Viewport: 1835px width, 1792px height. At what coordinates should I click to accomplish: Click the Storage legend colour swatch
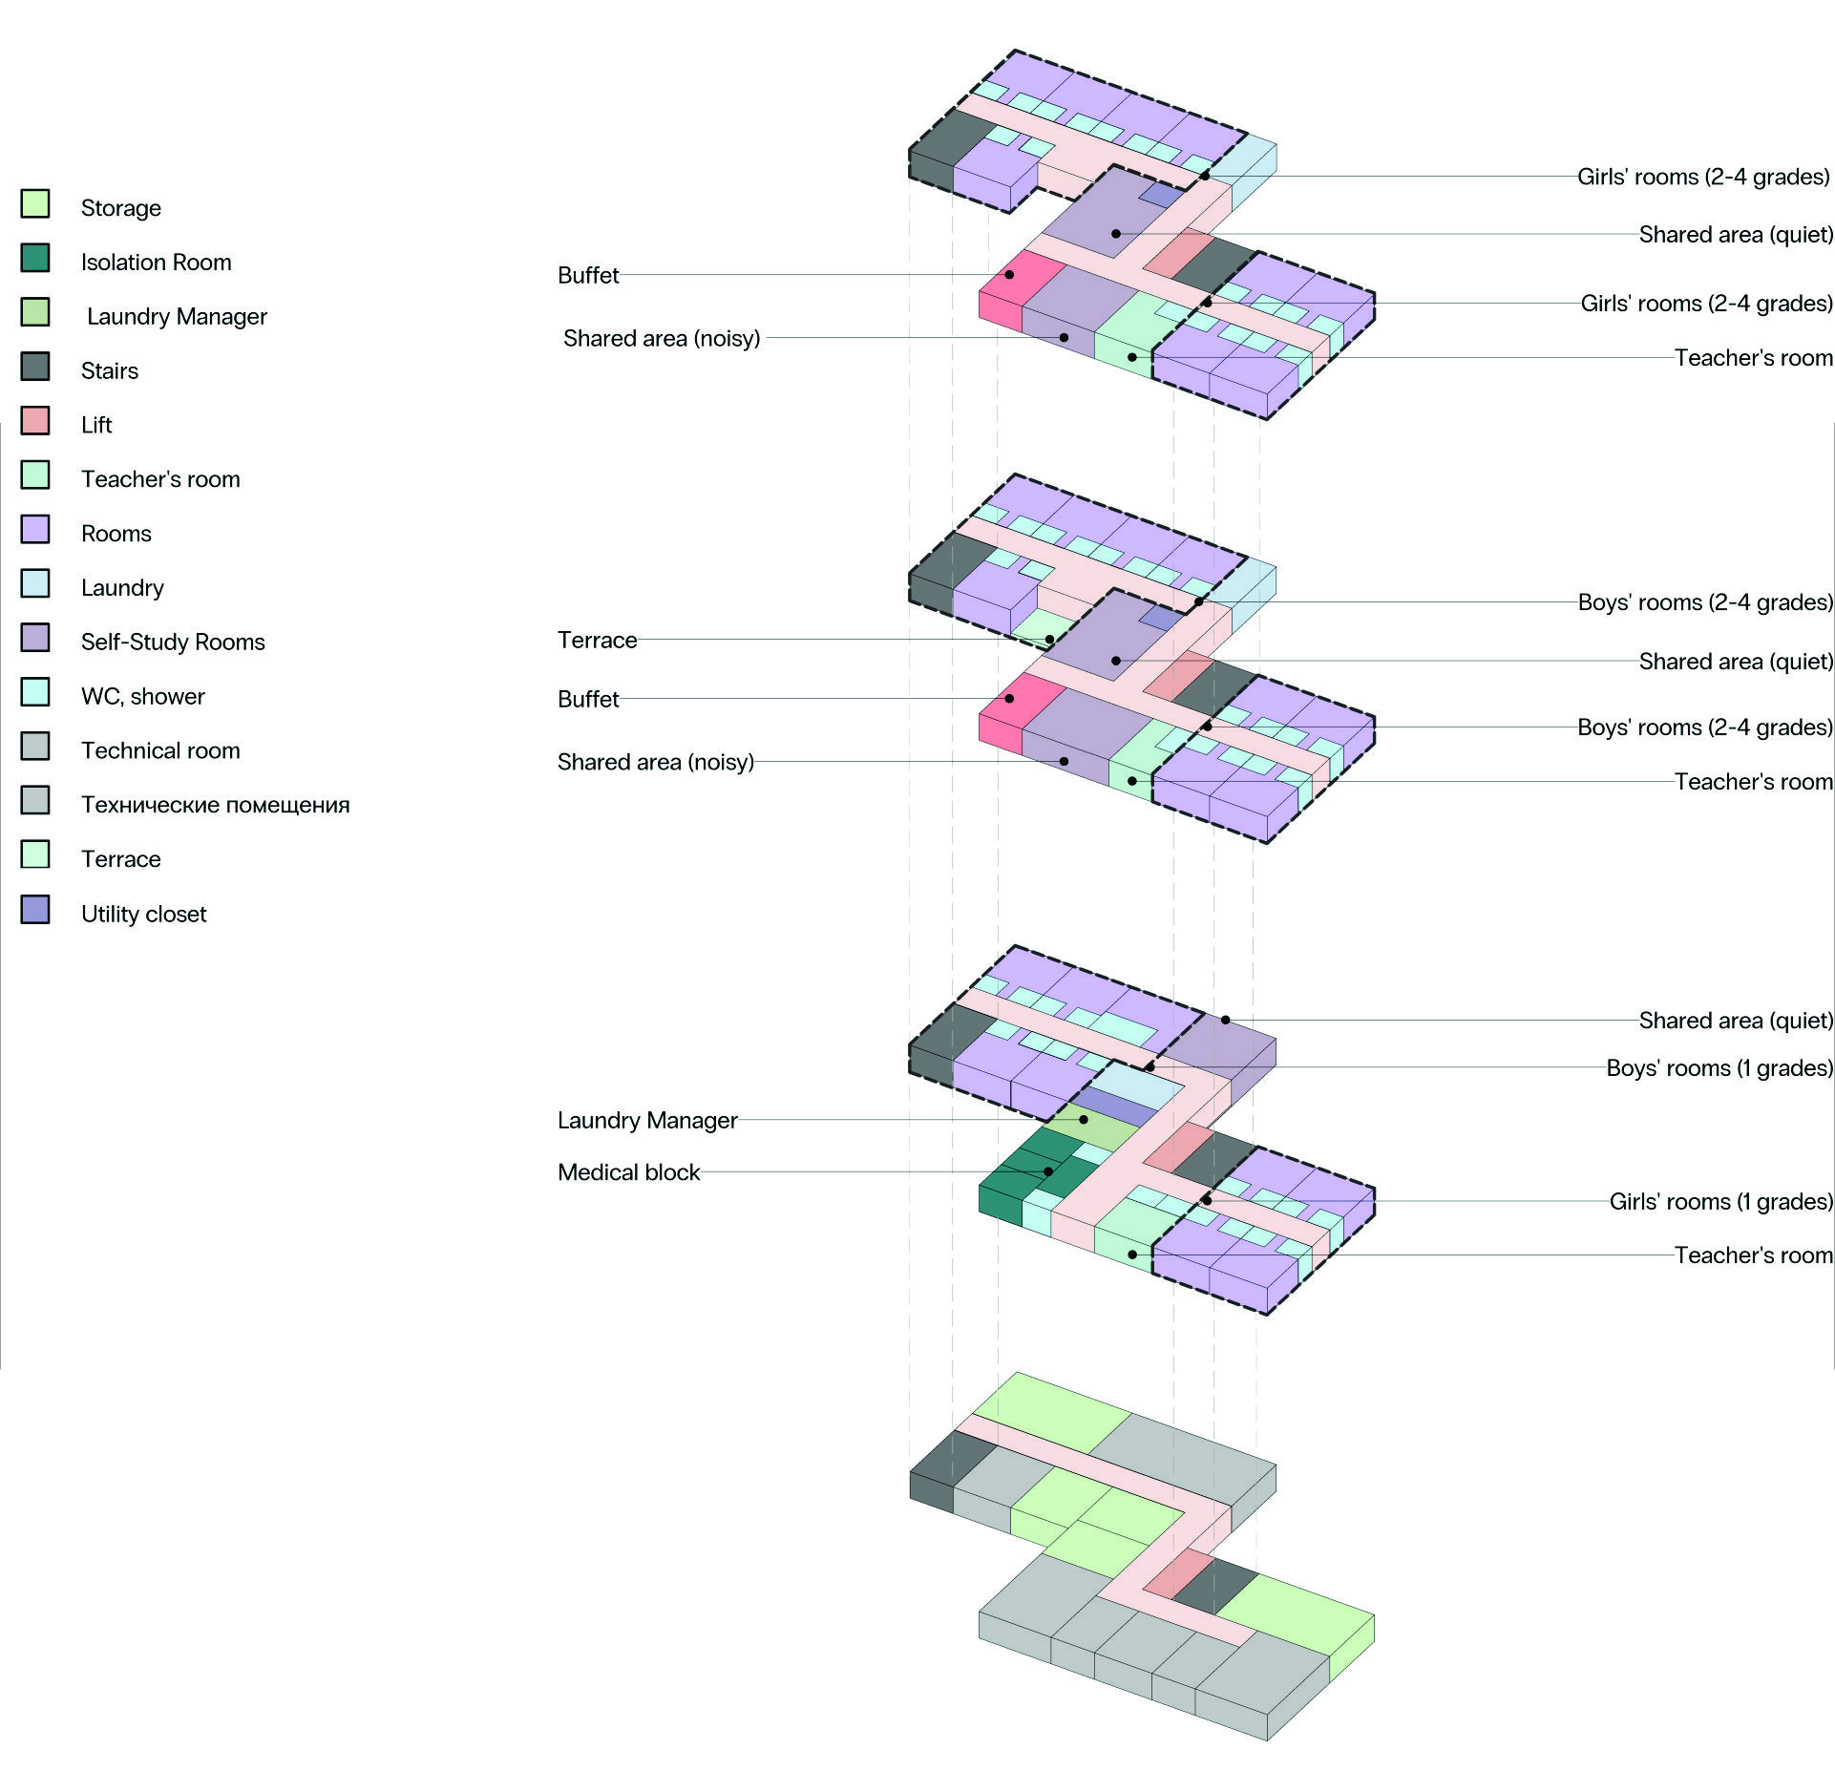pyautogui.click(x=35, y=203)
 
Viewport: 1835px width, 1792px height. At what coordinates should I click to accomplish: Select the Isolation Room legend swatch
pyautogui.click(x=35, y=258)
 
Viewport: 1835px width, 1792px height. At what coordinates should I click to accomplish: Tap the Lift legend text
pyautogui.click(x=96, y=425)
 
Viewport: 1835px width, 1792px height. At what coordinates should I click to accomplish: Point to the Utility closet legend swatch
pyautogui.click(x=35, y=909)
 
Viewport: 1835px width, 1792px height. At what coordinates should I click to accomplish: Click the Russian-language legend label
pyautogui.click(x=216, y=805)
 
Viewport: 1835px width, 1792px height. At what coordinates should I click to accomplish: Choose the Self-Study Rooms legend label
pyautogui.click(x=173, y=642)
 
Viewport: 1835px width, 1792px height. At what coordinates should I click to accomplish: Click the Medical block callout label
pyautogui.click(x=628, y=1171)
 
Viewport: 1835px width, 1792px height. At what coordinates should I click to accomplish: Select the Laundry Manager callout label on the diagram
pyautogui.click(x=647, y=1120)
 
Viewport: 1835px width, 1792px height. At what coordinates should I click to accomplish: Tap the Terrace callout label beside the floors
pyautogui.click(x=597, y=640)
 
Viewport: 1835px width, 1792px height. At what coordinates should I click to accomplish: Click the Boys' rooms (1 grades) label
pyautogui.click(x=1719, y=1067)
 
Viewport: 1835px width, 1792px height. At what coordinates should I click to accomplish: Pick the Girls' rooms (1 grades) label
pyautogui.click(x=1720, y=1201)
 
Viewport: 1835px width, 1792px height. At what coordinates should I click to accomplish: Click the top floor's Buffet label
pyautogui.click(x=588, y=275)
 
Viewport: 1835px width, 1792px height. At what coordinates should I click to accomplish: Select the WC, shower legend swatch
pyautogui.click(x=35, y=691)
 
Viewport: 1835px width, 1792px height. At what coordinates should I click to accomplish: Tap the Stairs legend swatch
pyautogui.click(x=35, y=366)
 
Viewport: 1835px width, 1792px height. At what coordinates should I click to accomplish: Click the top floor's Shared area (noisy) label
pyautogui.click(x=662, y=338)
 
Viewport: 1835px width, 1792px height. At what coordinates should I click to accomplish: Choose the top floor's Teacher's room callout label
pyautogui.click(x=1753, y=357)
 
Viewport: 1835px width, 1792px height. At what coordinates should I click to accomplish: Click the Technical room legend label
pyautogui.click(x=160, y=750)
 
